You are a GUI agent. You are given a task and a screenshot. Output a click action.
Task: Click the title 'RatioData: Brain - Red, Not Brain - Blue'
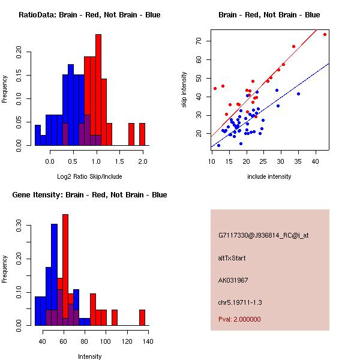89,15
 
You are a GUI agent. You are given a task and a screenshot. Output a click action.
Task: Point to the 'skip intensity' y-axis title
184,90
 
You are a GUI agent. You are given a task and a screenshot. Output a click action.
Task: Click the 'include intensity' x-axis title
269,176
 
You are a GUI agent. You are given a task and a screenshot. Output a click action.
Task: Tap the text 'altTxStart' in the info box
232,258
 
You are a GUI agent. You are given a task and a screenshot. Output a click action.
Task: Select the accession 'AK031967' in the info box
233,280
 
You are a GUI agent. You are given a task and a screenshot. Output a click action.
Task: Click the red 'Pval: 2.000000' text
239,319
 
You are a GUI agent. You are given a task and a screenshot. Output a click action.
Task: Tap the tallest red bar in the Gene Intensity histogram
65,270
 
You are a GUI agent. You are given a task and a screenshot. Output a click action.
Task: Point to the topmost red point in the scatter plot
325,34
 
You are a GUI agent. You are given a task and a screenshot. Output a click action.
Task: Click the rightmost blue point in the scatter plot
298,94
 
